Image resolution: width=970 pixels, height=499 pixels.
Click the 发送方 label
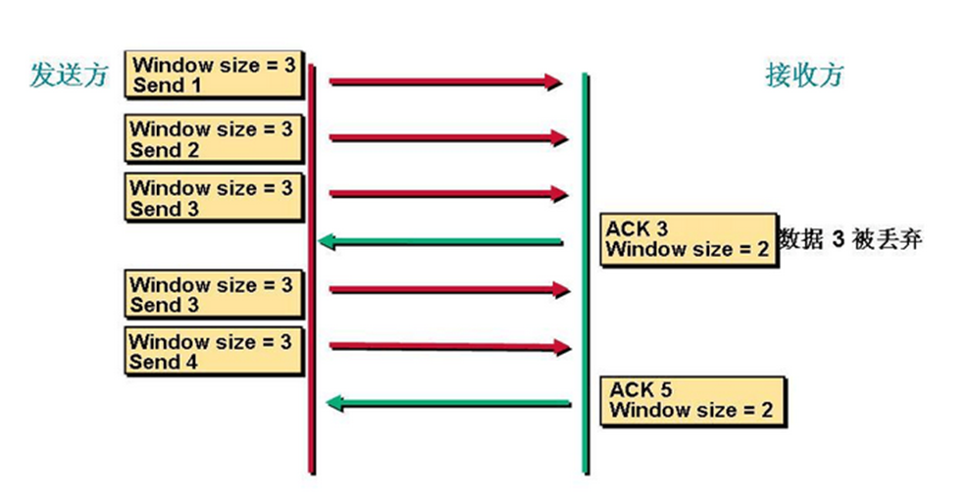pyautogui.click(x=69, y=75)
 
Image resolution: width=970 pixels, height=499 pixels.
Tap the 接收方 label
pyautogui.click(x=804, y=75)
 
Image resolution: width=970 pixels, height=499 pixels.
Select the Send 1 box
pyautogui.click(x=215, y=75)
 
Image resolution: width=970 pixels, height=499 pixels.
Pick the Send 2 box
pyautogui.click(x=214, y=138)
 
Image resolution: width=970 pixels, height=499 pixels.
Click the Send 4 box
pyautogui.click(x=214, y=351)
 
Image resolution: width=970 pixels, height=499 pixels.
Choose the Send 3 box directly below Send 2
pyautogui.click(x=214, y=197)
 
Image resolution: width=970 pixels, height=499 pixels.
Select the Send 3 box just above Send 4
pyautogui.click(x=214, y=294)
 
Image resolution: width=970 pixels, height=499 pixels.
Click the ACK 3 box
pyautogui.click(x=689, y=240)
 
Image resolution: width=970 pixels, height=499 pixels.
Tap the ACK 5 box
pyautogui.click(x=692, y=402)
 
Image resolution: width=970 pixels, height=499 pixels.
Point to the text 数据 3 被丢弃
pyautogui.click(x=850, y=239)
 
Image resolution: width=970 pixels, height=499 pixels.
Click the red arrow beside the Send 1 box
pyautogui.click(x=446, y=81)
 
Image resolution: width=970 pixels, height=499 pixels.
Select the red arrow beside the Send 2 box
pyautogui.click(x=448, y=138)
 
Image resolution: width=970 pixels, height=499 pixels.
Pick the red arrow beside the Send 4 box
pyautogui.click(x=450, y=347)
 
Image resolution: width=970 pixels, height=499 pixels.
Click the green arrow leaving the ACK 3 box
pyautogui.click(x=440, y=241)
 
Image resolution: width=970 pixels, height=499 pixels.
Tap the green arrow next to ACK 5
pyautogui.click(x=448, y=404)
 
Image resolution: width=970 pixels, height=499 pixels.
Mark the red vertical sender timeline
pyautogui.click(x=312, y=269)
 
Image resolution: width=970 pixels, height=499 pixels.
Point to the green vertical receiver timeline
pyautogui.click(x=586, y=274)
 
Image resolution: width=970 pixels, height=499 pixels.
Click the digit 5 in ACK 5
pyautogui.click(x=665, y=390)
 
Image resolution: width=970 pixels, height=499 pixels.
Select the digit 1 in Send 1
pyautogui.click(x=195, y=84)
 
